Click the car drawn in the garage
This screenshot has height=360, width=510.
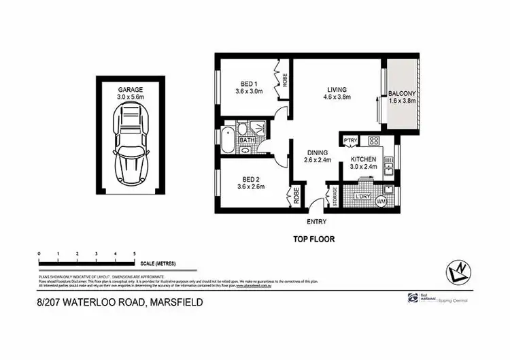pos(131,144)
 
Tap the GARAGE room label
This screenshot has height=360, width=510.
pos(130,90)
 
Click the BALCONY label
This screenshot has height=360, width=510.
pos(401,94)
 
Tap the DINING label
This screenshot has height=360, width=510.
pos(318,152)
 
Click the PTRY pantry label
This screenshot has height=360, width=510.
pos(350,141)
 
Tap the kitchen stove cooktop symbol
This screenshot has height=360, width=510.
pos(373,142)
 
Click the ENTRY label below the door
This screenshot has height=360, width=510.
pos(316,222)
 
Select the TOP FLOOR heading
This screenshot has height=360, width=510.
pos(314,239)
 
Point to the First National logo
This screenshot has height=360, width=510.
pos(413,298)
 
